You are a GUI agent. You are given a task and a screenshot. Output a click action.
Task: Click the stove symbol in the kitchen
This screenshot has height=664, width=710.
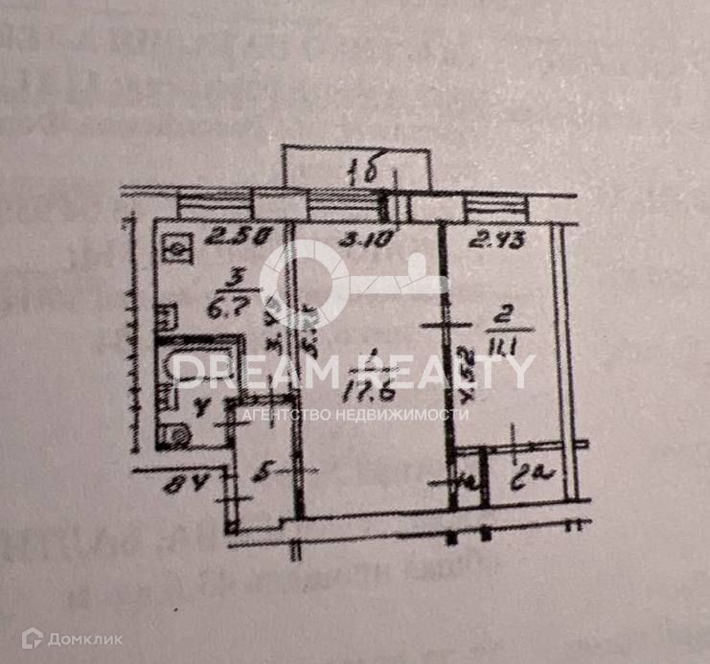point(177,247)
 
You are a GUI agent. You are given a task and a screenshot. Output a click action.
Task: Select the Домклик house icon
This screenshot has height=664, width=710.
point(34,637)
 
